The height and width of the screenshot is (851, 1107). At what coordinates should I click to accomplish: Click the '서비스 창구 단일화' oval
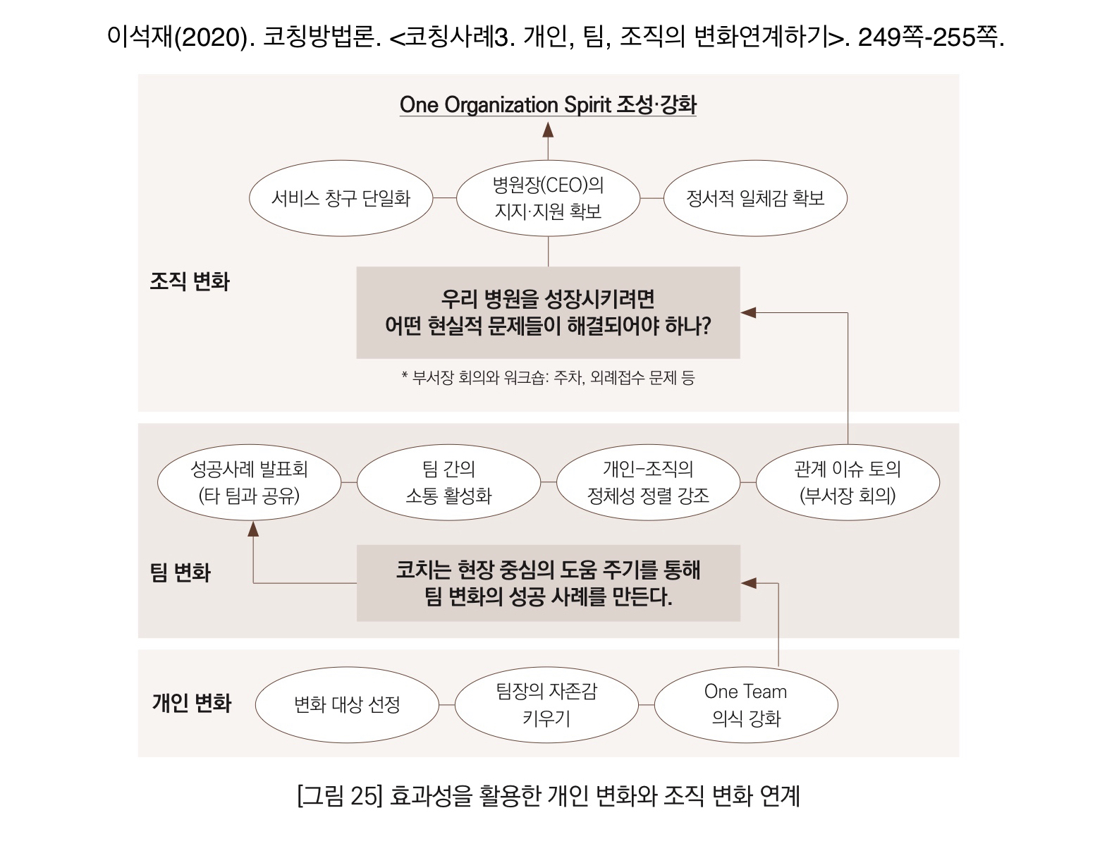pos(341,198)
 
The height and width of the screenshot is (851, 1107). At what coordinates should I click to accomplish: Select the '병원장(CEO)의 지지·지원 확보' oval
pos(548,198)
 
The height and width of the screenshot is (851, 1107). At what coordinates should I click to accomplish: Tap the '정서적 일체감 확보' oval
pos(755,198)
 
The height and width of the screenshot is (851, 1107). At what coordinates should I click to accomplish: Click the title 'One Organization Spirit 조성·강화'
pos(548,105)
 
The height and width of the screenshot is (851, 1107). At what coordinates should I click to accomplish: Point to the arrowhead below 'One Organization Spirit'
pos(548,130)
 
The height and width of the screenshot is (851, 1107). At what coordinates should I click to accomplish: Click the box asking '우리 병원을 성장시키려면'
pos(548,312)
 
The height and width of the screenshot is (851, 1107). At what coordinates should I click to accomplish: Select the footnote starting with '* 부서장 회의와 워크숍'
pos(548,378)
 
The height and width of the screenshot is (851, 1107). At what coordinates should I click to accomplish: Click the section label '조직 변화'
pos(190,281)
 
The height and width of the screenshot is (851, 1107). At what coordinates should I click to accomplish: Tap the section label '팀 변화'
pos(181,572)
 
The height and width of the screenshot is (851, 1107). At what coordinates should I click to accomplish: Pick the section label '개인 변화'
pos(192,703)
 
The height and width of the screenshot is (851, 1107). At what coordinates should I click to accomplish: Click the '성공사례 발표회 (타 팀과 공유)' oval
pos(249,482)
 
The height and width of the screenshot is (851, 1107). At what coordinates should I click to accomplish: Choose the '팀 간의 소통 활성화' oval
pos(448,482)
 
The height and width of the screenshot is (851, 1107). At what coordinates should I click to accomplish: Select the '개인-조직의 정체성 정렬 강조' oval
pos(648,482)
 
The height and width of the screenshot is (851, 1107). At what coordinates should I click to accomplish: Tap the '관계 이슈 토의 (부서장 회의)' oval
pos(848,482)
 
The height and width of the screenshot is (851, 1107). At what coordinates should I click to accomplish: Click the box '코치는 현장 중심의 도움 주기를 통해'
pos(548,583)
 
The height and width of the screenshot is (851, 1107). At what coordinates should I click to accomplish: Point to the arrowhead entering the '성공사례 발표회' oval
pos(253,529)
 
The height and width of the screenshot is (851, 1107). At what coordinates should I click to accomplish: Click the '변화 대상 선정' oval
pos(347,704)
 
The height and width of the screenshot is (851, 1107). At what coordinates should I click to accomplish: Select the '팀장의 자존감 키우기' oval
pos(546,704)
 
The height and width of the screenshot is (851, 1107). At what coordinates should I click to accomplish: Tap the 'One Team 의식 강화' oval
pos(746,704)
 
